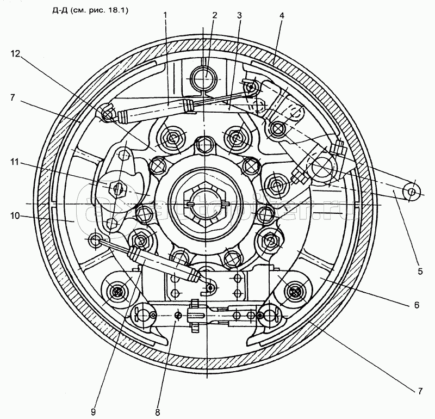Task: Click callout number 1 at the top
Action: pyautogui.click(x=166, y=16)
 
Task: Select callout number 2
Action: pyautogui.click(x=214, y=16)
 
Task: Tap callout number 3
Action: pyautogui.click(x=239, y=16)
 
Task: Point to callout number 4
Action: pyautogui.click(x=281, y=16)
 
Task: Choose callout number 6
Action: pyautogui.click(x=417, y=306)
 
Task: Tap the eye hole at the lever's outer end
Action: pyautogui.click(x=412, y=192)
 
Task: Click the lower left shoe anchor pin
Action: pyautogui.click(x=116, y=292)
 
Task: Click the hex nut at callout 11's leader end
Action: pyautogui.click(x=117, y=188)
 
